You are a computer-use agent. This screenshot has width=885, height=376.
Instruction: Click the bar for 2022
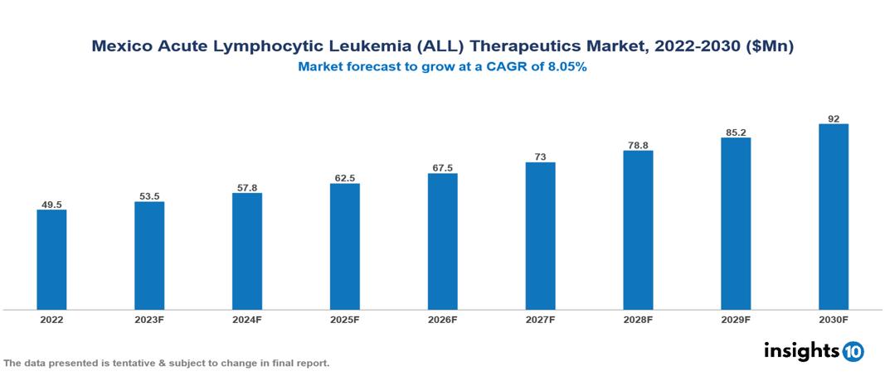pyautogui.click(x=51, y=259)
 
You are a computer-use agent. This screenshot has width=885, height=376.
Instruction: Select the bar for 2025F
pyautogui.click(x=345, y=246)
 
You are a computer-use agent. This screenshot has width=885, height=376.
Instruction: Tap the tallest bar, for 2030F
pyautogui.click(x=834, y=217)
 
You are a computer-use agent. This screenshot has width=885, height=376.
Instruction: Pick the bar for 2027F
pyautogui.click(x=541, y=236)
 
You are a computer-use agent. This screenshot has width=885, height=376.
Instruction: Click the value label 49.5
pyautogui.click(x=51, y=205)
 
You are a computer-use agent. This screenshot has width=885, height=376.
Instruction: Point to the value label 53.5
pyautogui.click(x=149, y=196)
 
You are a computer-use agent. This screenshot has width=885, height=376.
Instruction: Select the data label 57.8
pyautogui.click(x=247, y=188)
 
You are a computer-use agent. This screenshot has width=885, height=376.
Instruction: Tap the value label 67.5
pyautogui.click(x=443, y=168)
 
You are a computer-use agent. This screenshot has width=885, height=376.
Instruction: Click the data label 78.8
pyautogui.click(x=638, y=145)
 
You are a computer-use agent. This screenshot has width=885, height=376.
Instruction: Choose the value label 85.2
pyautogui.click(x=736, y=132)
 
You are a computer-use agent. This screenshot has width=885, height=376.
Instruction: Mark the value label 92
pyautogui.click(x=834, y=118)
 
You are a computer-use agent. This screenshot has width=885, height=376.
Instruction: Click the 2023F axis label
pyautogui.click(x=149, y=319)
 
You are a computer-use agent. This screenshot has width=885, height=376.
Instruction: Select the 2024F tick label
pyautogui.click(x=247, y=319)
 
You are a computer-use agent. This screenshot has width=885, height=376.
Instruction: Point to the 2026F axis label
pyautogui.click(x=443, y=319)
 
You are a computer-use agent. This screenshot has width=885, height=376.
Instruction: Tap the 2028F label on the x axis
pyautogui.click(x=638, y=319)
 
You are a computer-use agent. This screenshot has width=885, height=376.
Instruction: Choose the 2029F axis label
pyautogui.click(x=736, y=319)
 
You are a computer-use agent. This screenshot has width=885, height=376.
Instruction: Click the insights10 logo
pyautogui.click(x=814, y=350)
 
